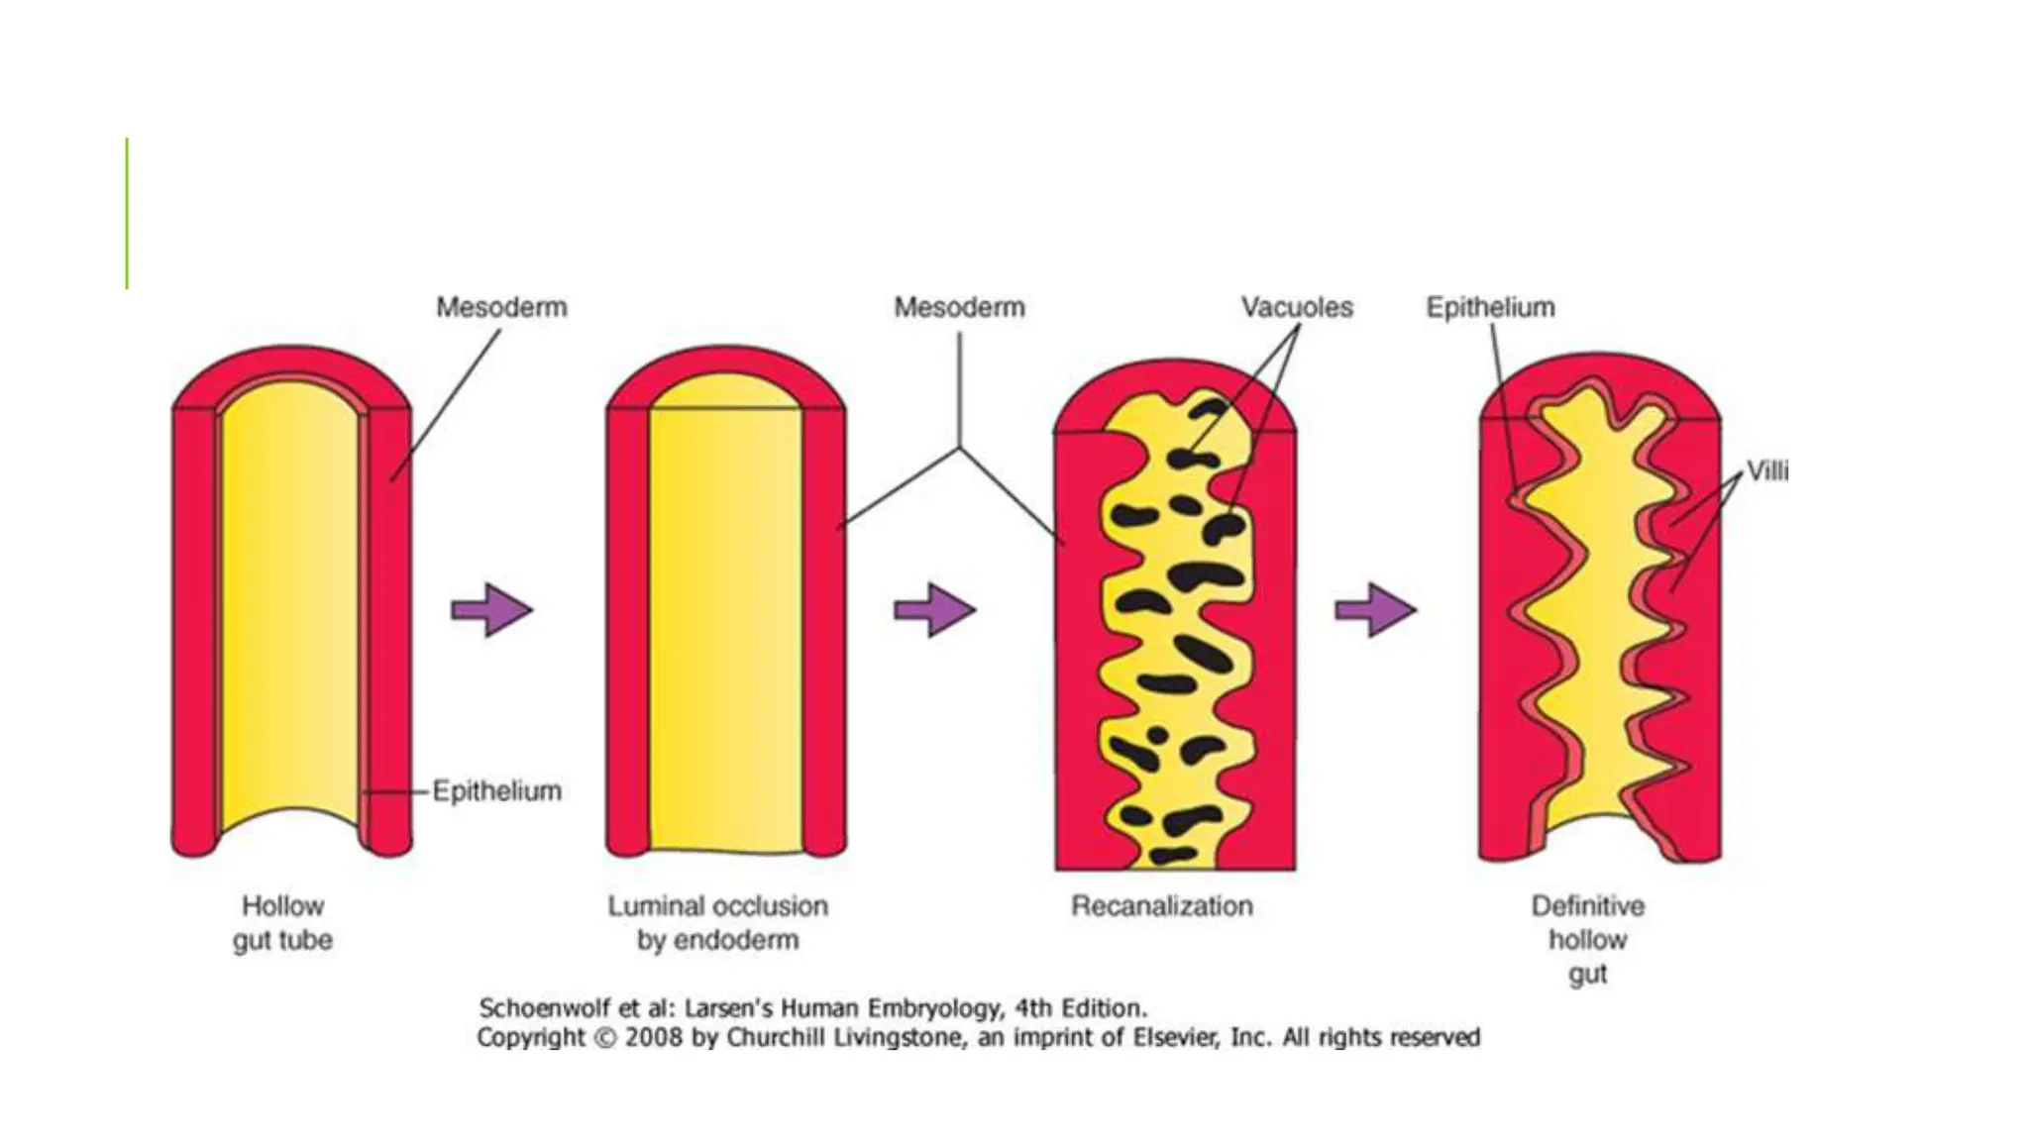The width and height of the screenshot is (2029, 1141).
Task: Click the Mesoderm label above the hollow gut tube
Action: tap(501, 307)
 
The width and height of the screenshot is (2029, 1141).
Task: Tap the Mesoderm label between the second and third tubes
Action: tap(959, 307)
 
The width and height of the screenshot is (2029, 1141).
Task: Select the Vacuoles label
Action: tap(1297, 307)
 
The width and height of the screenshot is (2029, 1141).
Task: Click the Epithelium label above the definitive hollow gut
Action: tap(1490, 307)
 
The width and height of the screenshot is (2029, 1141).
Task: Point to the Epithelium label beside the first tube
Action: tap(496, 790)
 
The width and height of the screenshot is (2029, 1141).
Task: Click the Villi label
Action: tap(1766, 470)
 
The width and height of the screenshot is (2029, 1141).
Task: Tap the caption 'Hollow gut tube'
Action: tap(283, 922)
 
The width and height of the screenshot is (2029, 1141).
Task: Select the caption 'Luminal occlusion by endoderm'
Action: tap(717, 922)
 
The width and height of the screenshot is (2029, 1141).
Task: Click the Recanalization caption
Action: tap(1161, 905)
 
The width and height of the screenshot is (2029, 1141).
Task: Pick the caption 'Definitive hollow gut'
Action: tap(1587, 939)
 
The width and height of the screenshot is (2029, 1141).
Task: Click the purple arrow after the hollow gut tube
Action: tap(492, 609)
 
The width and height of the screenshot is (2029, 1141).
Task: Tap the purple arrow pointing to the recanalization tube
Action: tap(934, 609)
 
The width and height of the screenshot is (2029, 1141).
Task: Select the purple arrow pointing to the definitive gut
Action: tap(1375, 609)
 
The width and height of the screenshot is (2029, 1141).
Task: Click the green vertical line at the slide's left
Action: tap(127, 213)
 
